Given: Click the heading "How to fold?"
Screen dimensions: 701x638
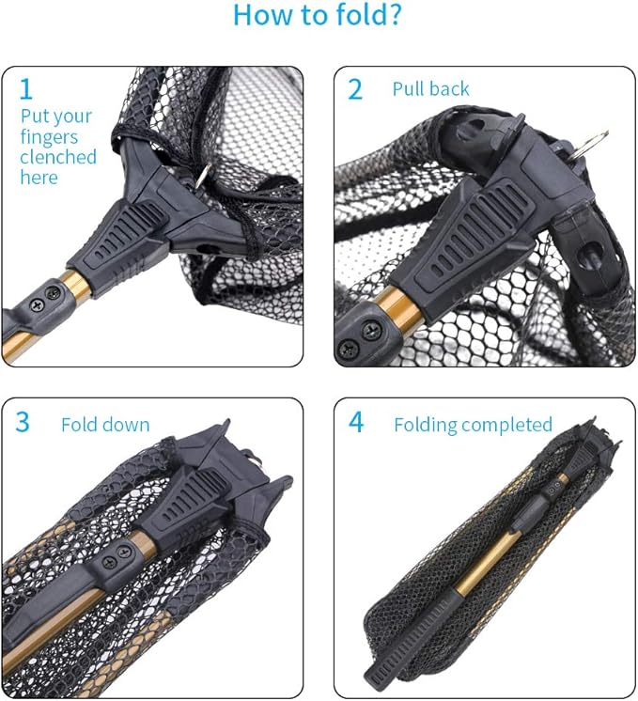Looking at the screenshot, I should (x=318, y=16).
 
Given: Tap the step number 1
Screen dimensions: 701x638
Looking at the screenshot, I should (x=26, y=89).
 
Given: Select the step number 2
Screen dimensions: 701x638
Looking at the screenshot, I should (x=355, y=89).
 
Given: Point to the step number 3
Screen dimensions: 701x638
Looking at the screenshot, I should (x=23, y=423).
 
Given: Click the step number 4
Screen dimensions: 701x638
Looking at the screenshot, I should (x=356, y=423).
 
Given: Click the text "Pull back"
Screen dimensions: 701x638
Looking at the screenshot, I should (x=430, y=90).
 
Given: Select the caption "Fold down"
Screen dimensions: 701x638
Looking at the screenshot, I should (x=105, y=425).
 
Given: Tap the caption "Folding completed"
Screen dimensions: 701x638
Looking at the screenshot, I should (x=473, y=425).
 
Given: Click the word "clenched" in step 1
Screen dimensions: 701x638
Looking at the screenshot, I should (x=58, y=157).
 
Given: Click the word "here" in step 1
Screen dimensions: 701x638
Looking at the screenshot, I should (x=39, y=178).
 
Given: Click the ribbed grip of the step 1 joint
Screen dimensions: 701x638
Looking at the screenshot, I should (x=123, y=240).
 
